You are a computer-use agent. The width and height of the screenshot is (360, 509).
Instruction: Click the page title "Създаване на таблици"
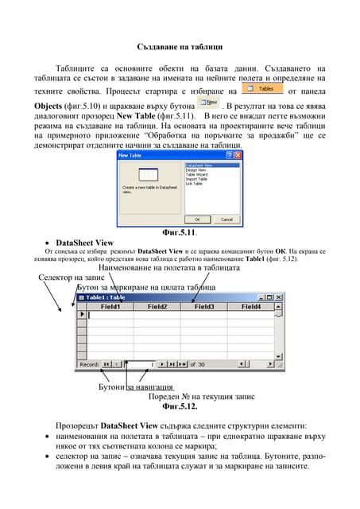tap(180, 48)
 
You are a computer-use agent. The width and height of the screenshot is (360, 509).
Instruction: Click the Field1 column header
tap(110, 306)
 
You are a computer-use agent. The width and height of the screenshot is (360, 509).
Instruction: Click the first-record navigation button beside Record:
tap(108, 363)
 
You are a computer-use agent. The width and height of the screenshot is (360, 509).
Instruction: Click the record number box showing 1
tap(139, 363)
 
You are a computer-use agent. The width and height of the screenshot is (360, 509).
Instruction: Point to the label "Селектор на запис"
tap(72, 277)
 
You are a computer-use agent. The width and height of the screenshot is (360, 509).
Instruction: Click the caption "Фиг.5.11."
tap(180, 232)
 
